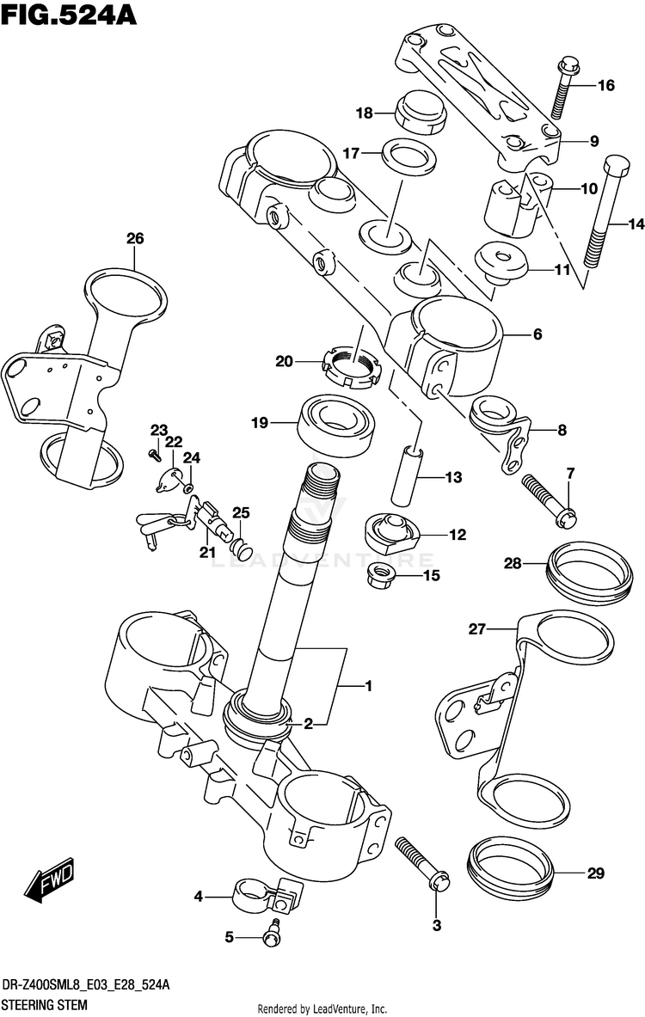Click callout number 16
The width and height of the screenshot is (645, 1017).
coord(606,85)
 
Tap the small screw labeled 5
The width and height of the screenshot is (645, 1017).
coord(273,932)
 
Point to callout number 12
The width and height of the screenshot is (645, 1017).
coord(457,535)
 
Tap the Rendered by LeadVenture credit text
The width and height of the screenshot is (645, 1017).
coord(322,1008)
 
